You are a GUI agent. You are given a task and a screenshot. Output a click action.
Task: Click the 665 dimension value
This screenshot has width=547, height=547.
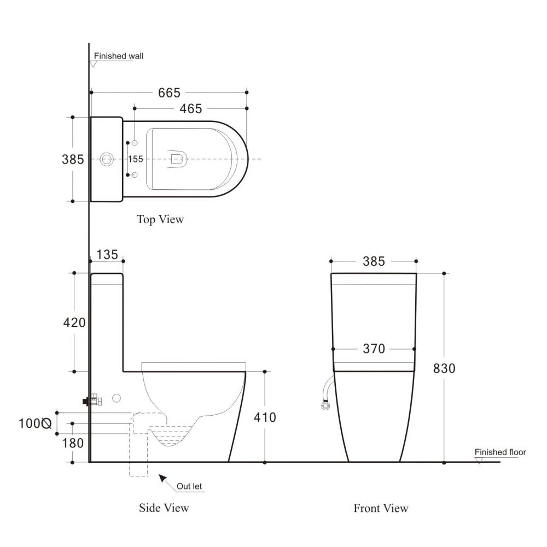point(169,93)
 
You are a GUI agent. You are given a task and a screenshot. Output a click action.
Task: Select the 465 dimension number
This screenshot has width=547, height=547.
point(191,109)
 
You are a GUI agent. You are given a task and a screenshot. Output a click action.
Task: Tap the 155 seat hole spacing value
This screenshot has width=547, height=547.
point(136,159)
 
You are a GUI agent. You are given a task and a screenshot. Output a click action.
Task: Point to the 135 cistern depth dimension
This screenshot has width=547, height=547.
point(107,255)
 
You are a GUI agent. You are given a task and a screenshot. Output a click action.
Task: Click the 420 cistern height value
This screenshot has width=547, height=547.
point(74,323)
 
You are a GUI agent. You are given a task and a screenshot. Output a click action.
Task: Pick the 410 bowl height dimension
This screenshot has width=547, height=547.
point(265,417)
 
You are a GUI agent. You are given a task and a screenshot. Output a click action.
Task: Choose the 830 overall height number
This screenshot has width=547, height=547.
point(444,368)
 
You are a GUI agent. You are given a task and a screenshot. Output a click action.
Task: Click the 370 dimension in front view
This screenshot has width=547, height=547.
point(374,348)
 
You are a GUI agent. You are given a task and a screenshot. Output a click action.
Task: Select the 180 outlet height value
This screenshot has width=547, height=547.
point(73,444)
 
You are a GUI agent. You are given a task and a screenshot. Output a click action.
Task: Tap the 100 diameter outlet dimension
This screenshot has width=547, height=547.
point(35,423)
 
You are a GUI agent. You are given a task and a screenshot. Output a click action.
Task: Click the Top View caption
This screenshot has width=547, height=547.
point(160,219)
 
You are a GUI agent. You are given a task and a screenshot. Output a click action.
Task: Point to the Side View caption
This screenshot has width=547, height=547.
point(164,508)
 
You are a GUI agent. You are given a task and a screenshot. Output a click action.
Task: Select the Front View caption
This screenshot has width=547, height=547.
point(381,508)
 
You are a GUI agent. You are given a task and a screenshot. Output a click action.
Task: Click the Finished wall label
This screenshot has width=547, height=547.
point(119,56)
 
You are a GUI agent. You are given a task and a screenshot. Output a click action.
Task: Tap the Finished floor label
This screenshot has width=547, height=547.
point(501,452)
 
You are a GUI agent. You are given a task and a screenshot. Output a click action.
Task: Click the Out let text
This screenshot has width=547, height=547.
point(189,486)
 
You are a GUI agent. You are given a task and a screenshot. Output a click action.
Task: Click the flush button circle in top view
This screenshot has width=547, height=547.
point(107,159)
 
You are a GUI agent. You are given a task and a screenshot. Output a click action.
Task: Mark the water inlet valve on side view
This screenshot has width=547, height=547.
point(92,400)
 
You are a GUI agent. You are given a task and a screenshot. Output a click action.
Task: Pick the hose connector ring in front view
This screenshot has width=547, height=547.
point(325,406)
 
